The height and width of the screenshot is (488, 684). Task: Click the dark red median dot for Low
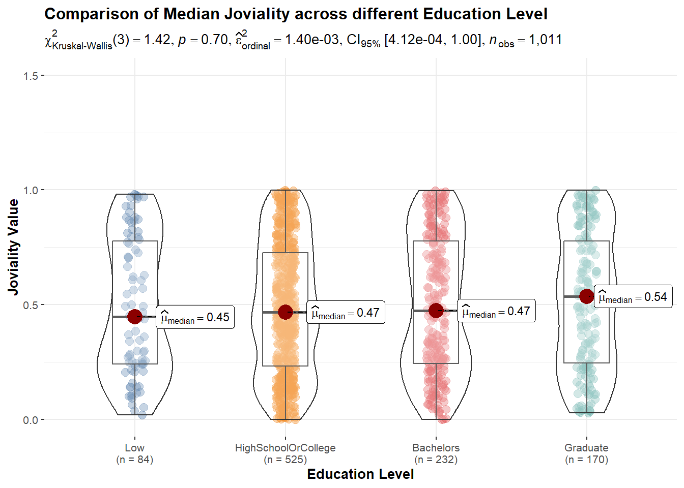coord(134,317)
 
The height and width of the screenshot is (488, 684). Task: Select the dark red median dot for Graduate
coord(587,296)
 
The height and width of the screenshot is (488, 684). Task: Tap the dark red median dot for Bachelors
coord(436,311)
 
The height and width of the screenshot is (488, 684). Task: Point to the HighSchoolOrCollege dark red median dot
coord(286,312)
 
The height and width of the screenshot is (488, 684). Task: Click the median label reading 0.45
coord(195,318)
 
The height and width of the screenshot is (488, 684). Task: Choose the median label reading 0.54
coord(633,297)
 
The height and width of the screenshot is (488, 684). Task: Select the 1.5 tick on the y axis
coord(31,76)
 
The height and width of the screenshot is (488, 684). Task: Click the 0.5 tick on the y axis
coord(31,305)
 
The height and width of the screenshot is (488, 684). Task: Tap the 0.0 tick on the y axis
coord(31,420)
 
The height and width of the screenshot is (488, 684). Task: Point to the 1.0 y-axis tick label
coord(31,190)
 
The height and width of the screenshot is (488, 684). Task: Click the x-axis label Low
coord(134,448)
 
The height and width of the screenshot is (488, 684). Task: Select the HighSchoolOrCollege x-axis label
coord(285,448)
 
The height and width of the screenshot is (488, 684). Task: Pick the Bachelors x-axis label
coord(436,448)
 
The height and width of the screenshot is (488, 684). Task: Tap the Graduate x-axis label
coord(586,448)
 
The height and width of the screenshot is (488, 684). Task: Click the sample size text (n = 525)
coord(285,460)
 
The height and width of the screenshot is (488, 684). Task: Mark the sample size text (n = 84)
coord(134,460)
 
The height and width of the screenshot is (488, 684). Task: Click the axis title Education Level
coord(360,474)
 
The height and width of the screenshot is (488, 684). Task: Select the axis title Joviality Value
coord(13,247)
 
